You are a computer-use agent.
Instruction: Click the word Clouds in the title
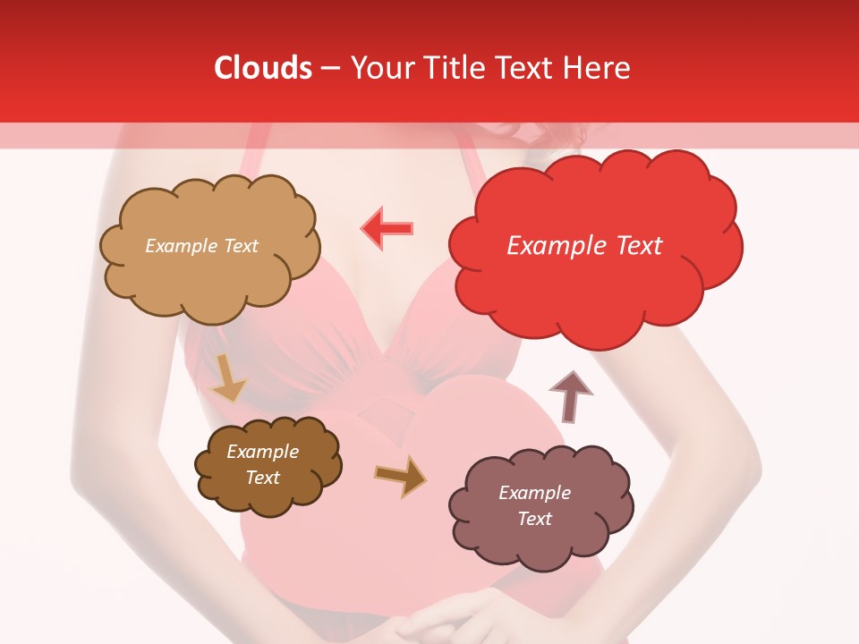pyautogui.click(x=263, y=68)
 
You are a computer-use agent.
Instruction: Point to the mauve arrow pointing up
pyautogui.click(x=571, y=397)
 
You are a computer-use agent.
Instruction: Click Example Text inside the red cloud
pyautogui.click(x=584, y=246)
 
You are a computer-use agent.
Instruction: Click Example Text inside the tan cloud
pyautogui.click(x=201, y=246)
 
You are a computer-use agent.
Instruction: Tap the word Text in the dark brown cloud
pyautogui.click(x=263, y=478)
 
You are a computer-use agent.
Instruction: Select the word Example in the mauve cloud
pyautogui.click(x=534, y=493)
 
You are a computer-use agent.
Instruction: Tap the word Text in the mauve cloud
pyautogui.click(x=534, y=519)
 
